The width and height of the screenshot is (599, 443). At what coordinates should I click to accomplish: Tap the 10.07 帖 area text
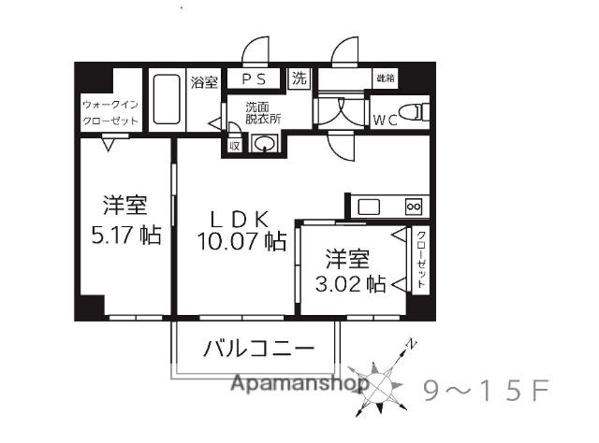[x=241, y=241]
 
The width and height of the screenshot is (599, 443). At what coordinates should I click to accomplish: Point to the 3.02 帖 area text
[x=356, y=282]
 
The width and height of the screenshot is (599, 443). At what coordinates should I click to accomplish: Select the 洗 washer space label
[x=299, y=79]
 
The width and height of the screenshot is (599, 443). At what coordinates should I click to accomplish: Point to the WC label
[x=386, y=120]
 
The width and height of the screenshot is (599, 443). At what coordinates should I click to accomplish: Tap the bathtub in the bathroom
[x=166, y=99]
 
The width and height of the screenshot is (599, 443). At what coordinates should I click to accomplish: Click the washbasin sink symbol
[x=265, y=142]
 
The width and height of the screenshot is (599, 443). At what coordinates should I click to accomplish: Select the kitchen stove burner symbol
[x=414, y=206]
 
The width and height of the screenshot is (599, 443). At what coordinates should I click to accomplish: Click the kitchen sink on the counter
[x=368, y=206]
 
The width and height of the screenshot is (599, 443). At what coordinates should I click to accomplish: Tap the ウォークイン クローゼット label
[x=110, y=112]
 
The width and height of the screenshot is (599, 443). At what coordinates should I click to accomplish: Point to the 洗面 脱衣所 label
[x=262, y=112]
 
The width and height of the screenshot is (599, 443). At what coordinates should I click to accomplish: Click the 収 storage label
[x=234, y=145]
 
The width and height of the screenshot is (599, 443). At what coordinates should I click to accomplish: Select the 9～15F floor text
[x=485, y=389]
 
